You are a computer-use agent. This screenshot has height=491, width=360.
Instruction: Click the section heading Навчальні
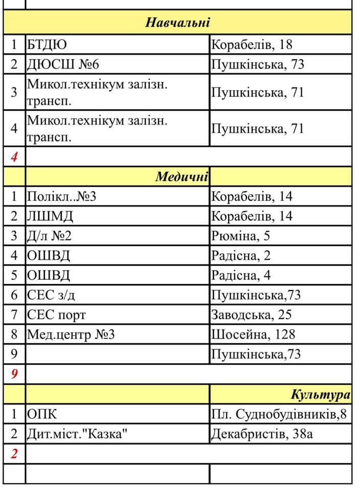(178, 23)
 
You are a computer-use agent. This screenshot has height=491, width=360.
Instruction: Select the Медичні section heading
(182, 177)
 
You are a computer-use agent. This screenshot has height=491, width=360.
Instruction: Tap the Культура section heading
(321, 394)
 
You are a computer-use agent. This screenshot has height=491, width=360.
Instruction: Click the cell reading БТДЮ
(47, 44)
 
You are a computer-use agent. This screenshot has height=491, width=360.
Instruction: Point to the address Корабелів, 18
(252, 44)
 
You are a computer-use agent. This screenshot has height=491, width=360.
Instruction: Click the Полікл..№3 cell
(61, 196)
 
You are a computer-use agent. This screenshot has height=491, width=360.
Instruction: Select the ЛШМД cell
(50, 216)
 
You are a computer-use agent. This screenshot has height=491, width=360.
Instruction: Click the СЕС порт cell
(57, 315)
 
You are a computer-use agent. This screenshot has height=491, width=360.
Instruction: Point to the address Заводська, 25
(251, 315)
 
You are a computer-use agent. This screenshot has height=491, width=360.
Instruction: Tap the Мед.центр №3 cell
(71, 335)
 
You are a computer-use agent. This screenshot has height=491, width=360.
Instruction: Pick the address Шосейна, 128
(253, 335)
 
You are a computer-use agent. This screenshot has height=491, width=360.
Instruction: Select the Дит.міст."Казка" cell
(77, 434)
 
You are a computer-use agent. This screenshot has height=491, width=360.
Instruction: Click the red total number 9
(14, 374)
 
